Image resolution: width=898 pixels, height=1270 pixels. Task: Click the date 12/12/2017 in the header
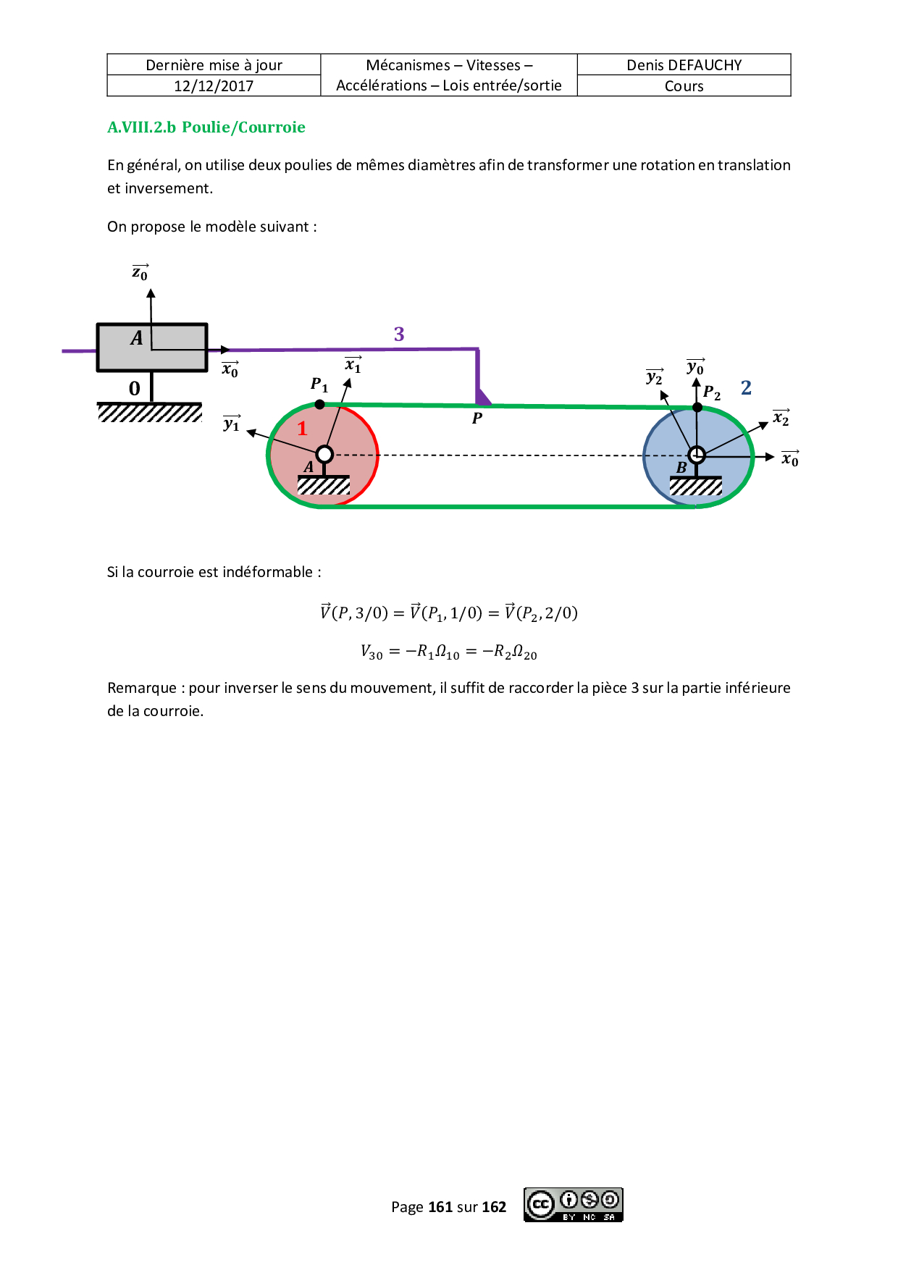click(214, 86)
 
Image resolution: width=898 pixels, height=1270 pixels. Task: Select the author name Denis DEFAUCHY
click(684, 65)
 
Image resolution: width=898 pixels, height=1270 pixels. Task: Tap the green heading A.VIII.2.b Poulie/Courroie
click(206, 127)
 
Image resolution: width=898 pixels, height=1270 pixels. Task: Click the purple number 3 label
click(399, 334)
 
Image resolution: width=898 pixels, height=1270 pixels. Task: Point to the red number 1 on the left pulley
click(303, 429)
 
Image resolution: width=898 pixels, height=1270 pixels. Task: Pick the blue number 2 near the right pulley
click(746, 388)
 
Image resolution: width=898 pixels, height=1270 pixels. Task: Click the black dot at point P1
click(320, 405)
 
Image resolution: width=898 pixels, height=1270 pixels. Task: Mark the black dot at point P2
click(697, 408)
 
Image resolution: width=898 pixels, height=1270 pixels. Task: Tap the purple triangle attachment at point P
click(482, 398)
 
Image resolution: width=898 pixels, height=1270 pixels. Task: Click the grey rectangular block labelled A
click(152, 348)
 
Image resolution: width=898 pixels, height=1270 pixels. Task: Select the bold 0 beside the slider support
click(135, 389)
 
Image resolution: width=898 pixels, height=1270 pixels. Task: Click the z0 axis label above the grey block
click(140, 273)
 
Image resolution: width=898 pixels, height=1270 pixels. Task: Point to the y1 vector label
click(232, 424)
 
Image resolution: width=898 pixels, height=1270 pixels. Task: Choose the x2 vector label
click(781, 418)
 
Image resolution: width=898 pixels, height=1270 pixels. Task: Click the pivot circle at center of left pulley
click(325, 455)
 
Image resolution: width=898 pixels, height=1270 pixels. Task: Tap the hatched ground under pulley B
click(695, 487)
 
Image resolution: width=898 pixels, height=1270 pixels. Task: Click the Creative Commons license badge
click(573, 1205)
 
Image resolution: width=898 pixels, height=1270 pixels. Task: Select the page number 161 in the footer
click(440, 1207)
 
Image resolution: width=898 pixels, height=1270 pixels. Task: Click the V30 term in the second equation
click(372, 652)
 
